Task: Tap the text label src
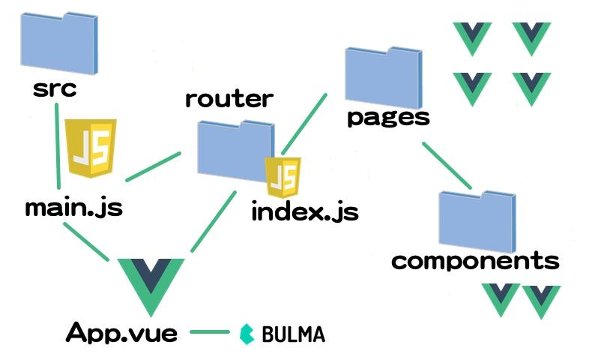tap(55, 89)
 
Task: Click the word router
tap(229, 98)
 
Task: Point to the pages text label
tap(388, 118)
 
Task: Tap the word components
tap(475, 261)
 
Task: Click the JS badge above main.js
tap(91, 147)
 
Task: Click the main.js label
tap(73, 207)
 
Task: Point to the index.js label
tap(305, 211)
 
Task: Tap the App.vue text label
tap(122, 332)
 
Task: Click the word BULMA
tap(294, 334)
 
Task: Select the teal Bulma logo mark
tap(247, 334)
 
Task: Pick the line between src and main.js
tap(57, 146)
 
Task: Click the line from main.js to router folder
tap(154, 166)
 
